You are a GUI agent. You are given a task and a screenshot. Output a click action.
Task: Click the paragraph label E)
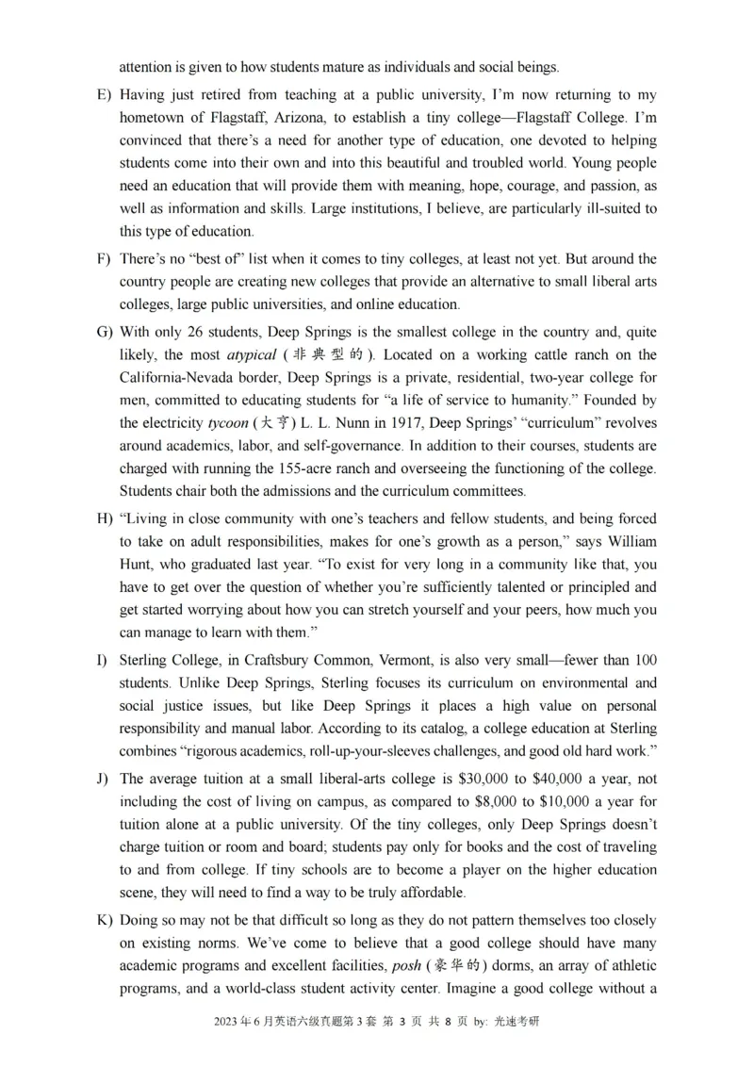(x=102, y=95)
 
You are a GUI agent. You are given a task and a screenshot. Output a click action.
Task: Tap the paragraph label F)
(x=102, y=259)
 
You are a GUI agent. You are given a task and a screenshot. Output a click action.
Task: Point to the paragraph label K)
(x=102, y=921)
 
